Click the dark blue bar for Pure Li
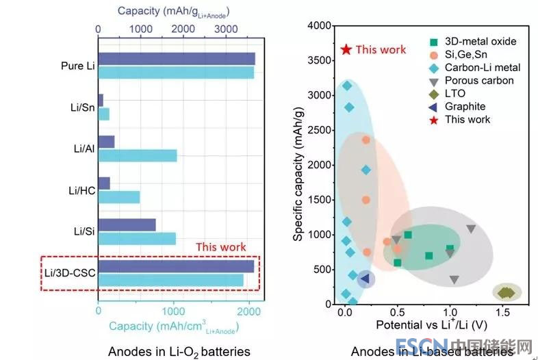tap(177, 59)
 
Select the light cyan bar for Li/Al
tap(137, 155)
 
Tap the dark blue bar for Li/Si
tap(127, 224)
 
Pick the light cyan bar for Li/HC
tap(119, 197)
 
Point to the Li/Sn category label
tap(81, 107)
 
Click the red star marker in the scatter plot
tap(346, 49)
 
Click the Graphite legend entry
tap(465, 106)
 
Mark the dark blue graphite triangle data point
tap(365, 278)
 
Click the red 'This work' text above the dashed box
tap(220, 247)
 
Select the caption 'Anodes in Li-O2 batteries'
tap(179, 351)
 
